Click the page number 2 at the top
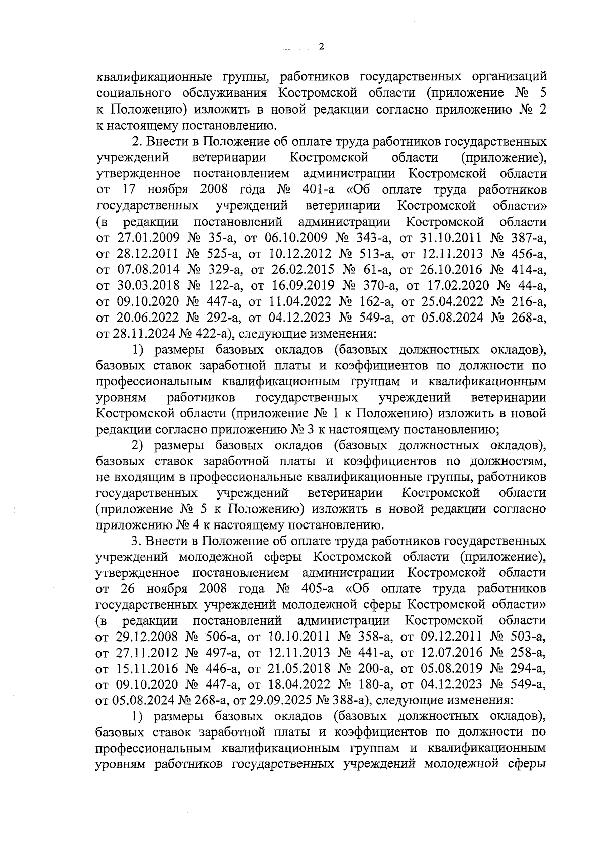pyautogui.click(x=322, y=47)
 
